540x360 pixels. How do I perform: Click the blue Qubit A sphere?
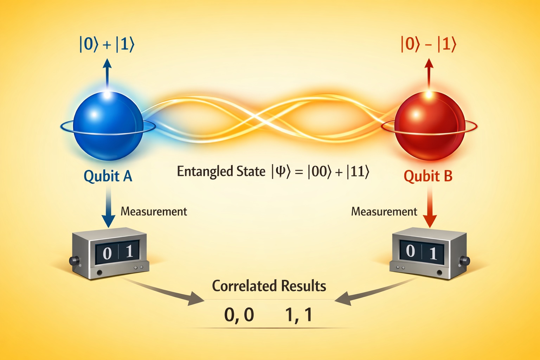click(x=108, y=126)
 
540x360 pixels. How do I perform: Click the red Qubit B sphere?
click(x=430, y=126)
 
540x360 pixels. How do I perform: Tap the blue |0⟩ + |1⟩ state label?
click(x=107, y=44)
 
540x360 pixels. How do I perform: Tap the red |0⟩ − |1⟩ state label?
click(x=429, y=44)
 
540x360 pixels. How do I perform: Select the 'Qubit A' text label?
click(x=108, y=176)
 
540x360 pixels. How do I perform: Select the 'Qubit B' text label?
click(x=428, y=176)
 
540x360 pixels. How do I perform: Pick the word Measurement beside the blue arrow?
click(x=154, y=212)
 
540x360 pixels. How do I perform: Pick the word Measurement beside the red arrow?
click(x=384, y=212)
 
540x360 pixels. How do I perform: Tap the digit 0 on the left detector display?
click(x=107, y=253)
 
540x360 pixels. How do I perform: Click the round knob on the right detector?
click(x=464, y=261)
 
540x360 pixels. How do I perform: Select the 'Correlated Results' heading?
click(x=269, y=286)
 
